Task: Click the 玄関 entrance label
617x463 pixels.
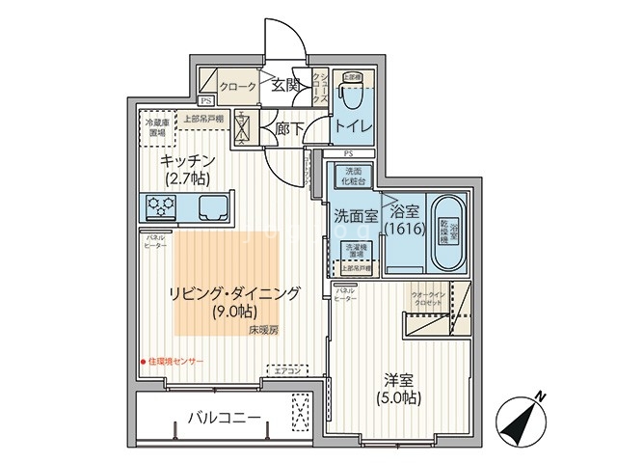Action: [x=285, y=85]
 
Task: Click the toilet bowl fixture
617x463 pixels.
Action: [x=352, y=97]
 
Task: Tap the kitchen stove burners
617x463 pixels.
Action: [x=159, y=204]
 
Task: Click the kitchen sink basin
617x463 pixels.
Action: [x=213, y=205]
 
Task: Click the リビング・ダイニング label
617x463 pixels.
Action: [x=234, y=293]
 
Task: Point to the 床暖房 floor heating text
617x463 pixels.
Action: [x=261, y=331]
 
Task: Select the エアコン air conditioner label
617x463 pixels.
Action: [x=288, y=370]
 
